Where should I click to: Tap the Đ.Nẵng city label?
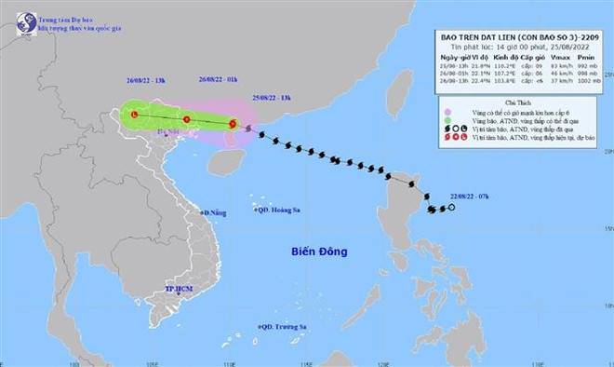click(216, 214)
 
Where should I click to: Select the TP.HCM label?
click(177, 291)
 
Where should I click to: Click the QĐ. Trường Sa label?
click(284, 327)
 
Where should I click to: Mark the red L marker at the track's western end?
click(135, 115)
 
